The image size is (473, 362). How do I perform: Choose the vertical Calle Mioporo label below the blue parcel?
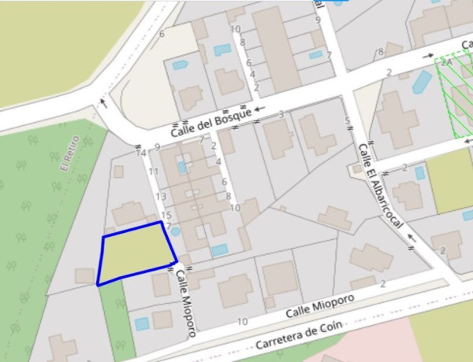pos(185,302)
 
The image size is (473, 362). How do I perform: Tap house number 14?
pos(142,153)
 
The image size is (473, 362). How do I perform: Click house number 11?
pos(154,172)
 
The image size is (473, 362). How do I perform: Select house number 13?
pos(161,197)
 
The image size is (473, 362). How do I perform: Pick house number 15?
pos(166,215)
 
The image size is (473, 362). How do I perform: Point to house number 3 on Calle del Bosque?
pos(281,115)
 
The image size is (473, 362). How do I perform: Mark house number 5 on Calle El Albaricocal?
pos(348,121)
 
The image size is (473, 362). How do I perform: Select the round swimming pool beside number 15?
pos(175,231)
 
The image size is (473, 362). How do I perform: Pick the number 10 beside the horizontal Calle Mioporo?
pos(242,321)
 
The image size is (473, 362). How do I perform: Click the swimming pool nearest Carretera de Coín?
pos(142,323)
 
